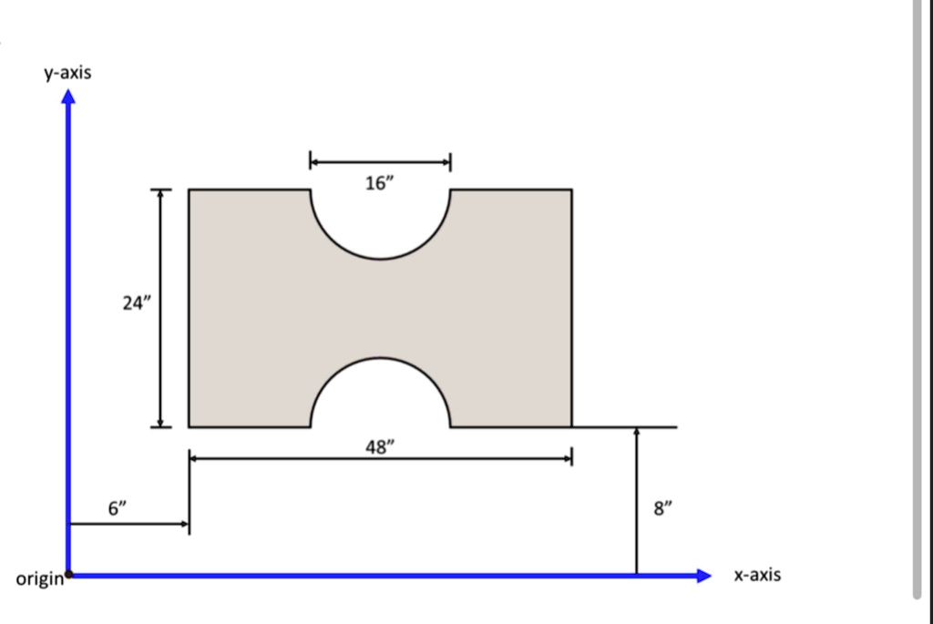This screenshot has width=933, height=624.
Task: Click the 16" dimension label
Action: [380, 183]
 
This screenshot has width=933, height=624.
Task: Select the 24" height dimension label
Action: [134, 304]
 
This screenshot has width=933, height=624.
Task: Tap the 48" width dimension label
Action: [380, 447]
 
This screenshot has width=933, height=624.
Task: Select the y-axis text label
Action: [67, 72]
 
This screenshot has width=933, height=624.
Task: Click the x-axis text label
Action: [757, 575]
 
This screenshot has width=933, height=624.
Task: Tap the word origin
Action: [38, 578]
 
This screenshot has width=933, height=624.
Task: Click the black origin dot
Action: [70, 575]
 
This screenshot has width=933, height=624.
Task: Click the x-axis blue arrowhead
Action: [702, 575]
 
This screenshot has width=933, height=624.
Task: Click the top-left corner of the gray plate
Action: [190, 190]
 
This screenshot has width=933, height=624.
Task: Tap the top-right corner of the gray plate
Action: [571, 190]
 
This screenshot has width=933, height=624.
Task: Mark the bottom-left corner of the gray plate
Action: [190, 426]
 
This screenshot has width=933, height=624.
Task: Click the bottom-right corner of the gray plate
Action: [571, 426]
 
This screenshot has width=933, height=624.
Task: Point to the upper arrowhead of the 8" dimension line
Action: [637, 432]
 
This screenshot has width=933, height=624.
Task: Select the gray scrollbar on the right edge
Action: [918, 301]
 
